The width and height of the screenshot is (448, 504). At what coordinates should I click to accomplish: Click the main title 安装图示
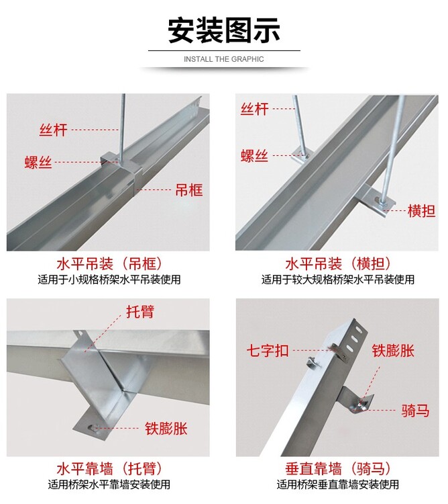(x=224, y=30)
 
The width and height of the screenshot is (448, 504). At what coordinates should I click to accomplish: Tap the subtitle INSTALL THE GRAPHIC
(x=224, y=59)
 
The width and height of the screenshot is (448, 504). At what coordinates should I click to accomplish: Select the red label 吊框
(x=189, y=190)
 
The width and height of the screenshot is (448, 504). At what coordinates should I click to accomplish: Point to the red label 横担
(x=421, y=211)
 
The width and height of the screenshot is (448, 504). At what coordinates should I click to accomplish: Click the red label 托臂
(x=140, y=312)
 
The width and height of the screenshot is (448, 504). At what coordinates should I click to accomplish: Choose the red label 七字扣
(x=268, y=350)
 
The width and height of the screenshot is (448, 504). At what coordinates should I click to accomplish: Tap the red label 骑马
(x=415, y=411)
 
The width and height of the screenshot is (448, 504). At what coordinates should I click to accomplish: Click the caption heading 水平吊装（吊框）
(x=109, y=264)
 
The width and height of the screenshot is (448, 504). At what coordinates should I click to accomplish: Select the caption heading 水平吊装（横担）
(x=338, y=264)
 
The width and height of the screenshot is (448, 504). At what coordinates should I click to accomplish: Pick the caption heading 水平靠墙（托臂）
(x=109, y=469)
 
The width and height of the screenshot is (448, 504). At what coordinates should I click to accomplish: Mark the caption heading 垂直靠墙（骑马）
(x=338, y=469)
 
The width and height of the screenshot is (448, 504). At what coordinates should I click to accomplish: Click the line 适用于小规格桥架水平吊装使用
(x=109, y=280)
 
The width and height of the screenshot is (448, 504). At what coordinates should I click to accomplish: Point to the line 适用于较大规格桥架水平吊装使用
(x=338, y=280)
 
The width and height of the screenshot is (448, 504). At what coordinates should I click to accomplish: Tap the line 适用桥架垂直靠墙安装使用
(x=338, y=485)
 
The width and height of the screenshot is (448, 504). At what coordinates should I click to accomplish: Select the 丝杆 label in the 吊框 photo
(x=53, y=130)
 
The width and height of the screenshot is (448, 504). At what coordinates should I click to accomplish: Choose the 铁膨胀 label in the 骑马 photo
(x=393, y=350)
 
